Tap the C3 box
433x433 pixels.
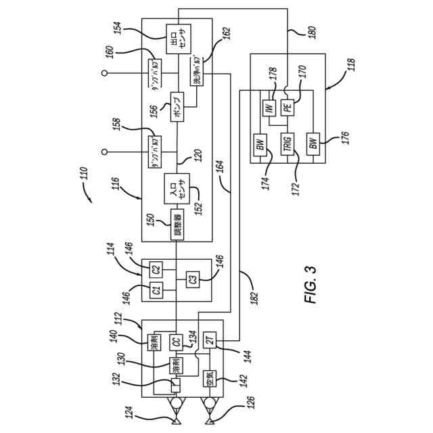coord(193,279)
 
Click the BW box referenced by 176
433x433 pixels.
coord(313,143)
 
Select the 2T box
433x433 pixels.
coord(210,340)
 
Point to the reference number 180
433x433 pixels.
coord(292,32)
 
